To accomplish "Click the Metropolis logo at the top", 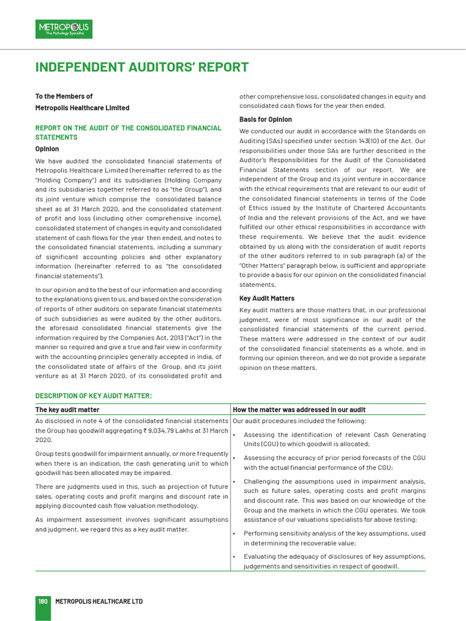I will tap(64, 29).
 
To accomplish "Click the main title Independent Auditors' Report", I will tap(142, 67).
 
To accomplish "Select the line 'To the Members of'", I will tap(64, 96).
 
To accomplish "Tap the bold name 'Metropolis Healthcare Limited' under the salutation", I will tap(82, 108).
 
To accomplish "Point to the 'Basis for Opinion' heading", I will tap(265, 119).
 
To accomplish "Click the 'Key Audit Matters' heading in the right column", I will tap(267, 298).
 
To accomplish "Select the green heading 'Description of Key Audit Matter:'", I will tap(93, 396).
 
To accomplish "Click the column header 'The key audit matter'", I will tap(67, 410).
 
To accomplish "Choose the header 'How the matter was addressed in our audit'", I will tap(299, 410).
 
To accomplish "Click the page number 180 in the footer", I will tap(42, 601).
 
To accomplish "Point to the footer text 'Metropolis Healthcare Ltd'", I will tap(99, 601).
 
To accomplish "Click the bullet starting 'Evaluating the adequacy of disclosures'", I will tap(334, 561).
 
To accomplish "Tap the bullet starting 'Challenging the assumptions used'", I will tap(334, 500).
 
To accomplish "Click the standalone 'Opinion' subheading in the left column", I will tap(47, 149).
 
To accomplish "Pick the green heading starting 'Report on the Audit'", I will tap(128, 133).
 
